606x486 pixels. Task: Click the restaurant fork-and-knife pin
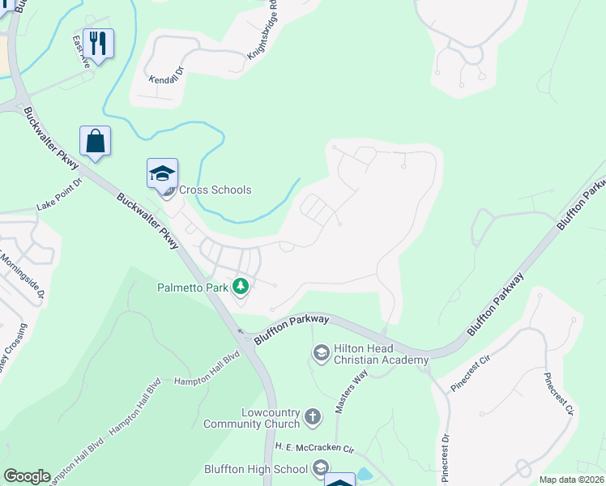(98, 44)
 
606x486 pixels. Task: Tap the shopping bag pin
(95, 140)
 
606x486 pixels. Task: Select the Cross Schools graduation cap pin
(162, 173)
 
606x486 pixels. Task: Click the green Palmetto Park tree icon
(241, 286)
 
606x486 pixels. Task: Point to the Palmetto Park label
(192, 287)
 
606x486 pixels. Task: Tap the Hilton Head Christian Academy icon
(321, 352)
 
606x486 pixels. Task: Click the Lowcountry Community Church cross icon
(314, 418)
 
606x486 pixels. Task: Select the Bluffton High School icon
(321, 468)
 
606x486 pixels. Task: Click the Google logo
(27, 476)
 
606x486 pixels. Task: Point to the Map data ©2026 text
(571, 480)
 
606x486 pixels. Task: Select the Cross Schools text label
(215, 190)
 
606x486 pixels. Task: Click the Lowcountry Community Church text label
(253, 418)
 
